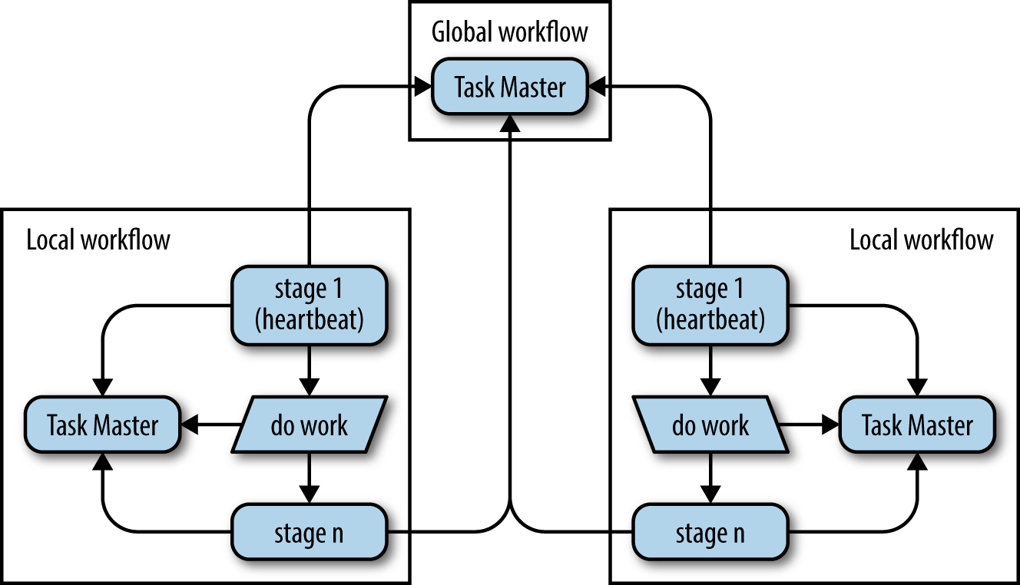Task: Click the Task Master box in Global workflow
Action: point(510,87)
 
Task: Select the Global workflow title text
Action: point(510,33)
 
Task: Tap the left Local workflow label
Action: point(98,240)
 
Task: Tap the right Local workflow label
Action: point(921,240)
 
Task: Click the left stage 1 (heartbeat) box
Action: point(309,304)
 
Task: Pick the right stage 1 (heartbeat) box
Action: point(710,304)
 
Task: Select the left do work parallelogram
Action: point(309,425)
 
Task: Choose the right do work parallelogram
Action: point(710,425)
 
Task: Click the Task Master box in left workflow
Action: point(103,425)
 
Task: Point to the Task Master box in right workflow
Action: point(917,425)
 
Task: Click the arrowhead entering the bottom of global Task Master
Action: point(510,124)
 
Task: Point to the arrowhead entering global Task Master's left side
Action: point(422,87)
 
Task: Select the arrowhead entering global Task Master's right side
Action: point(598,87)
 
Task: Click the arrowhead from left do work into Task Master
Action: point(190,425)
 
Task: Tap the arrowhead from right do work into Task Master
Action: point(830,425)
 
